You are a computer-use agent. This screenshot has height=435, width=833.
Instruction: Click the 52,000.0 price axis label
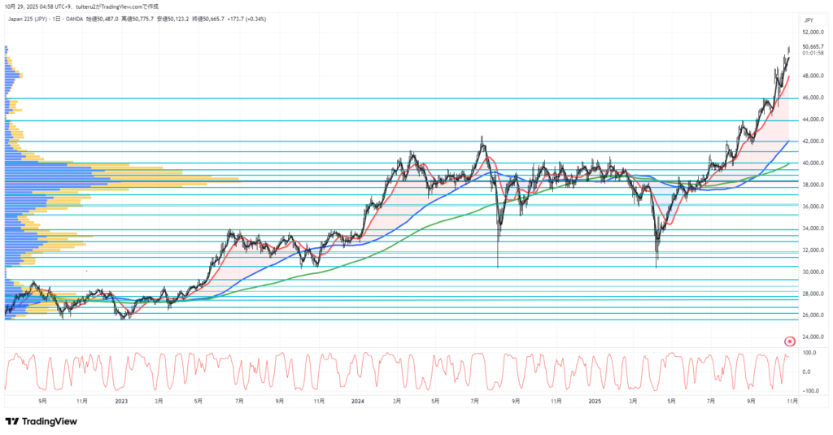[x=813, y=33]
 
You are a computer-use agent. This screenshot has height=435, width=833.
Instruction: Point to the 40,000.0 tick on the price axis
[x=813, y=163]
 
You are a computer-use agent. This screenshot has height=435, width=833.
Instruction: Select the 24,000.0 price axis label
[x=813, y=337]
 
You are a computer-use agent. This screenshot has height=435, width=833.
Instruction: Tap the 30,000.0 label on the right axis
[x=813, y=272]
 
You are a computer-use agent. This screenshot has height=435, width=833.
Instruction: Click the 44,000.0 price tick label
[x=813, y=120]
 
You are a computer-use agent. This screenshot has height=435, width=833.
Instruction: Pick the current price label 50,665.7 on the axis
[x=813, y=47]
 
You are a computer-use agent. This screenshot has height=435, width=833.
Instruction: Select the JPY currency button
[x=809, y=20]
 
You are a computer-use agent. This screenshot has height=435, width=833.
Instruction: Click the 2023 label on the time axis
[x=121, y=401]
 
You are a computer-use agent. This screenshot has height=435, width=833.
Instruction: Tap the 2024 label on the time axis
[x=358, y=401]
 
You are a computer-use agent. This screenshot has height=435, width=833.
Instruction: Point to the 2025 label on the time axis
[x=595, y=401]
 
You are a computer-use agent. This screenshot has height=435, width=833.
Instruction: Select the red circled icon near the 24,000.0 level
[x=789, y=341]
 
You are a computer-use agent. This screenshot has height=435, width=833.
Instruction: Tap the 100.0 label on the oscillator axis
[x=810, y=353]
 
